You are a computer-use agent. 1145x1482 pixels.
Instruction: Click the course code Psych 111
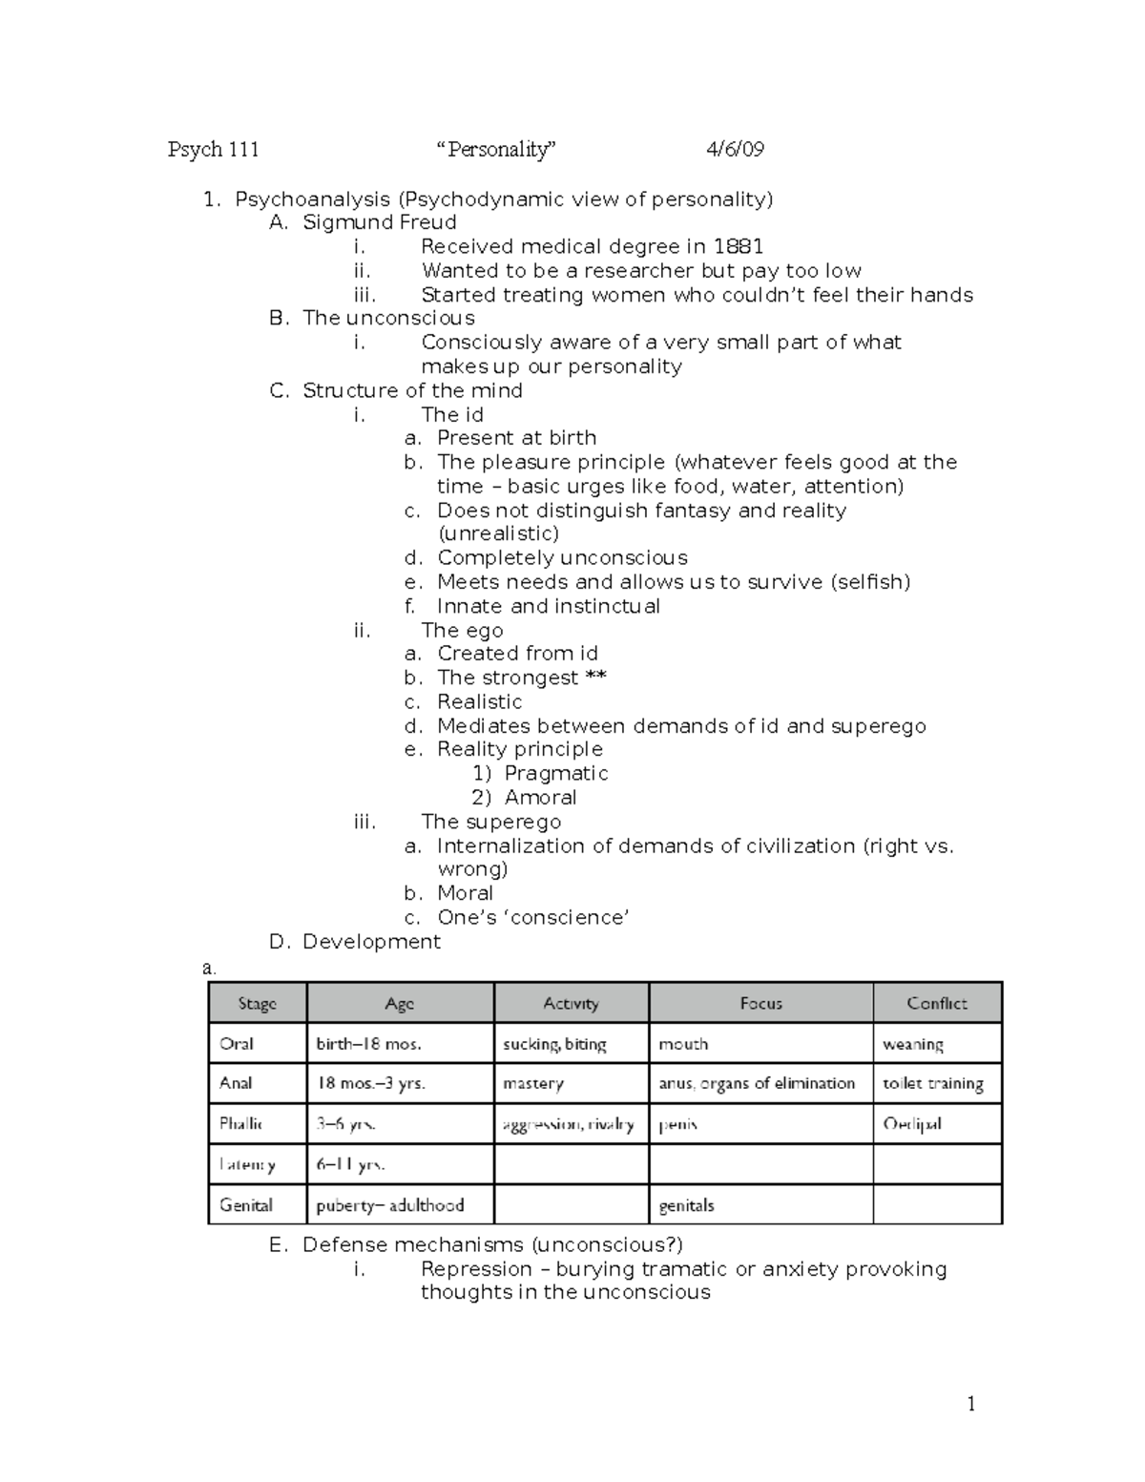click(213, 149)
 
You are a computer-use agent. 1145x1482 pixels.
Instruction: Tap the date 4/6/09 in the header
click(734, 149)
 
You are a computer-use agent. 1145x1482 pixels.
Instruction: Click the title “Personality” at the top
click(495, 149)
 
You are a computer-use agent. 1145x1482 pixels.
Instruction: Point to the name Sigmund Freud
click(379, 222)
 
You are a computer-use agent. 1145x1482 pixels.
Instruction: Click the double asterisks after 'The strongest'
click(595, 678)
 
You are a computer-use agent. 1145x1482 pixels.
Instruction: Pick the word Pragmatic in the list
click(555, 773)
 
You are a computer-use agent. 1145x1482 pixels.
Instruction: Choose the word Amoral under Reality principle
click(540, 797)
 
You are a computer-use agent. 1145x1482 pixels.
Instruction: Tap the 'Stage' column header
click(257, 1003)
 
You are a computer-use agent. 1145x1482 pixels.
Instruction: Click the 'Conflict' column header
click(936, 1003)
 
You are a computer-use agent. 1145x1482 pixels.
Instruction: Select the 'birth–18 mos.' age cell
click(368, 1044)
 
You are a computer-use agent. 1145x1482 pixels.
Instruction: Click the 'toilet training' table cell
click(932, 1083)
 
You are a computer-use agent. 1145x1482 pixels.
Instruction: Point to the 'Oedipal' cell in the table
click(912, 1123)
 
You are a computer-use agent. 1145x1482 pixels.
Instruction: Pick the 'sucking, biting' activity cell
click(554, 1044)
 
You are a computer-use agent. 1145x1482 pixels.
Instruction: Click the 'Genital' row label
click(246, 1204)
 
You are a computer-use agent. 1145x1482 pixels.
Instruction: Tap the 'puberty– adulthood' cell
click(389, 1204)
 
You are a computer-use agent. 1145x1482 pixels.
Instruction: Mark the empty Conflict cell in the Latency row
click(936, 1164)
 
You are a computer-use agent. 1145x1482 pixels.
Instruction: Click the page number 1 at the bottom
click(971, 1403)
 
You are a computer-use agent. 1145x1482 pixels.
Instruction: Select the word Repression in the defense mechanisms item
click(476, 1269)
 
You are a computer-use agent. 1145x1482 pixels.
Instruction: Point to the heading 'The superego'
click(490, 822)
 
